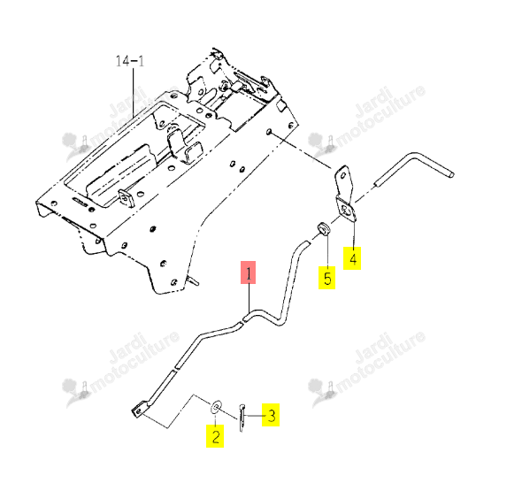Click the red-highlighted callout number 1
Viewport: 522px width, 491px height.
248,272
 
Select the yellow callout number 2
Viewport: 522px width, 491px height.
215,436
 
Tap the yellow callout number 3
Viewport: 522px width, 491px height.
271,415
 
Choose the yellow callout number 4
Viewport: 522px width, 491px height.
352,258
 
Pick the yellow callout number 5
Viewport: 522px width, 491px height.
327,278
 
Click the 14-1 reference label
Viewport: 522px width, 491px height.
130,61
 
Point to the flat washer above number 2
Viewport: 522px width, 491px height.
216,407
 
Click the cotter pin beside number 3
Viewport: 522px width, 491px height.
242,418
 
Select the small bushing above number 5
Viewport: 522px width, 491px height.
323,228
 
